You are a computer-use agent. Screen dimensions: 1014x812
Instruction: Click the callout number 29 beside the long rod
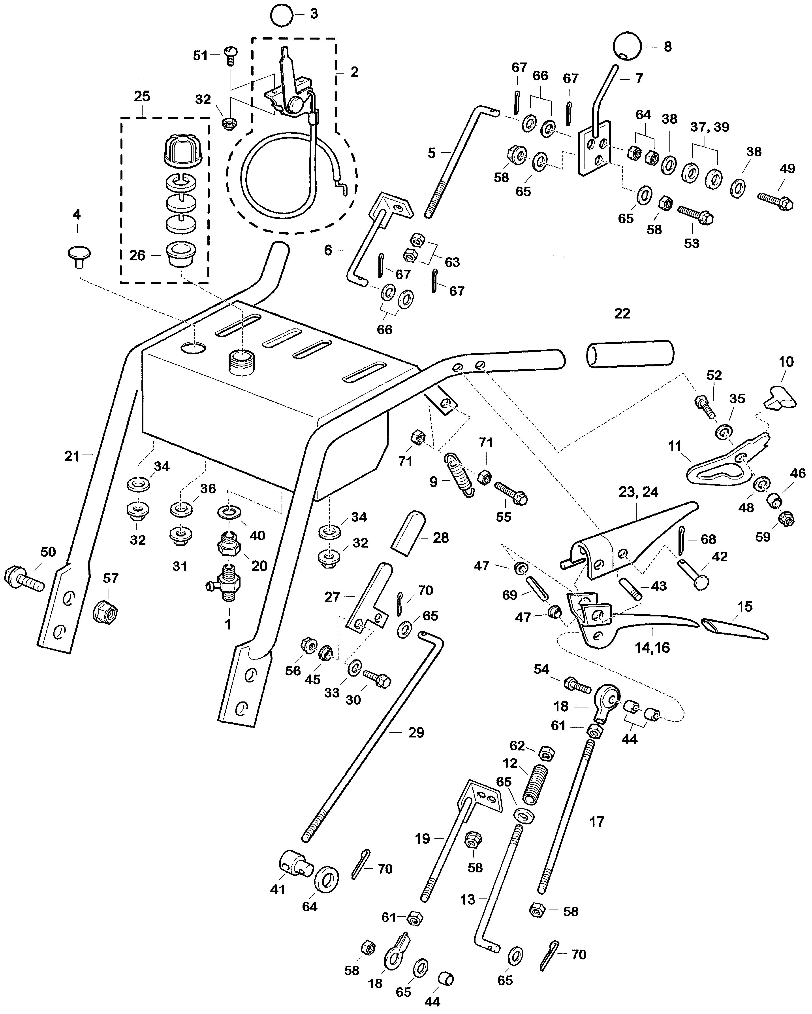[416, 732]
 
